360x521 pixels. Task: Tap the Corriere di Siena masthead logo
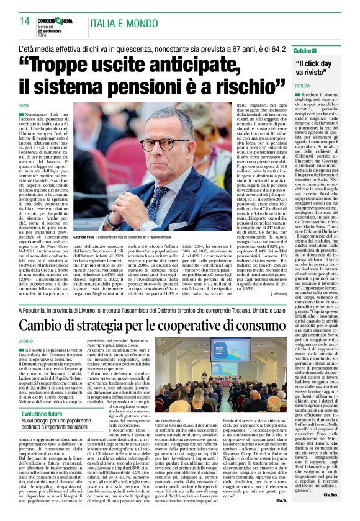[55, 20]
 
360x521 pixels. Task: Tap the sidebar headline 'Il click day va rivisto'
[318, 68]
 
